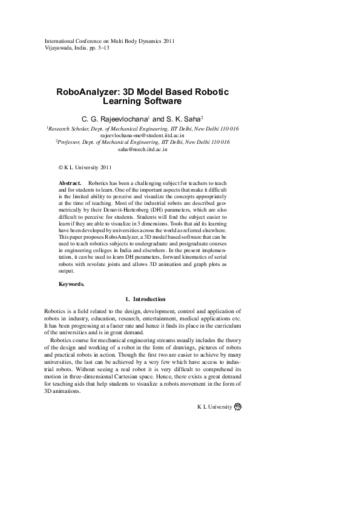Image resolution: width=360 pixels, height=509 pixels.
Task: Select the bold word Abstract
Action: (70, 183)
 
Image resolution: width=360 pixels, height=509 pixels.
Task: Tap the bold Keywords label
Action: (71, 284)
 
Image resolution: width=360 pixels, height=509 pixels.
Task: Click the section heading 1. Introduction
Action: (145, 299)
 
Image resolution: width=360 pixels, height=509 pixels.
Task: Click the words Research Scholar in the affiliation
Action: (68, 129)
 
